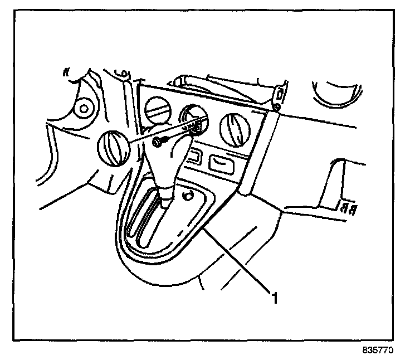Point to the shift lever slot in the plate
pyautogui.click(x=146, y=223)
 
